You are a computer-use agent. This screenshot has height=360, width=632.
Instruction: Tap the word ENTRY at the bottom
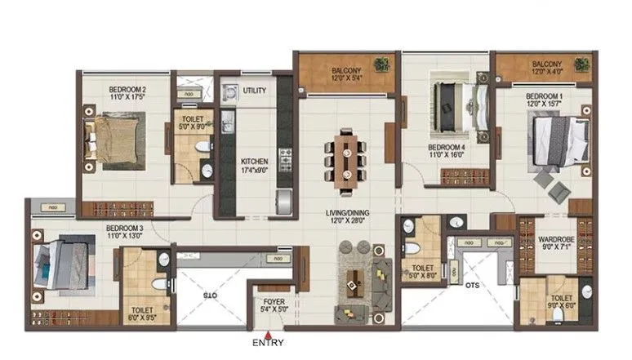[x=268, y=342]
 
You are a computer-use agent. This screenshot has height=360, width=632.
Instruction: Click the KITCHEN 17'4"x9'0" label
[x=254, y=167]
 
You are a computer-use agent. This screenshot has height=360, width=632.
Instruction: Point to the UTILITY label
[x=255, y=91]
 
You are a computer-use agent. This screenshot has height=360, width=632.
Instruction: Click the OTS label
[x=472, y=285]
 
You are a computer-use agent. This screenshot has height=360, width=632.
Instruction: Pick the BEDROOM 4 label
[x=446, y=153]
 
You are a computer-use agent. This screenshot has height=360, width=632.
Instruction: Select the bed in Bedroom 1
[x=557, y=142]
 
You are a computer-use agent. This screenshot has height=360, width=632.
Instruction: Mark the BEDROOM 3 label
[x=124, y=231]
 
